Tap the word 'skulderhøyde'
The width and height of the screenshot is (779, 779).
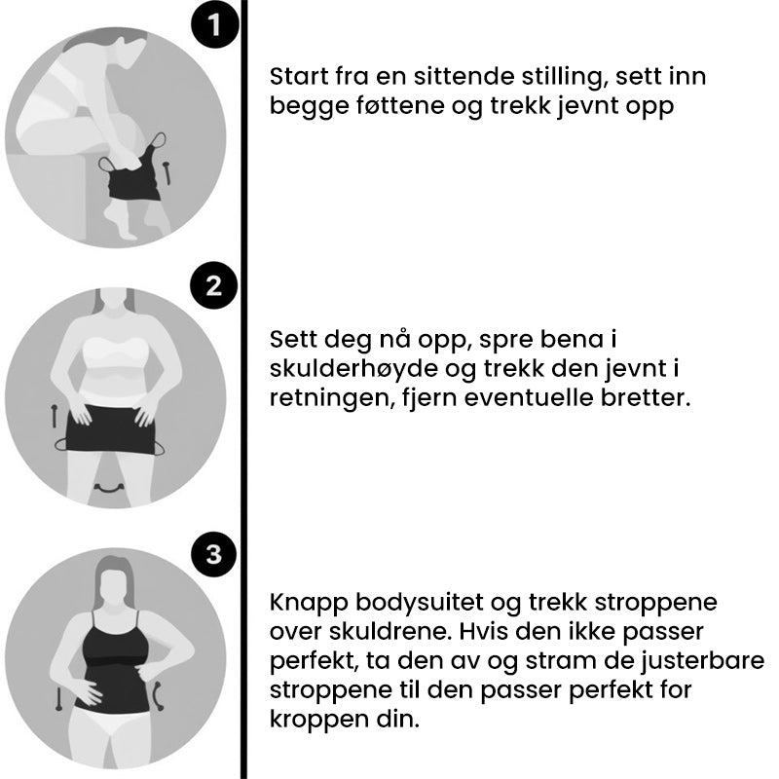(x=340, y=370)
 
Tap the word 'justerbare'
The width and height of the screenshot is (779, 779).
(x=699, y=663)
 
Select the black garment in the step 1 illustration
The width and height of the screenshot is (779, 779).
(x=133, y=175)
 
